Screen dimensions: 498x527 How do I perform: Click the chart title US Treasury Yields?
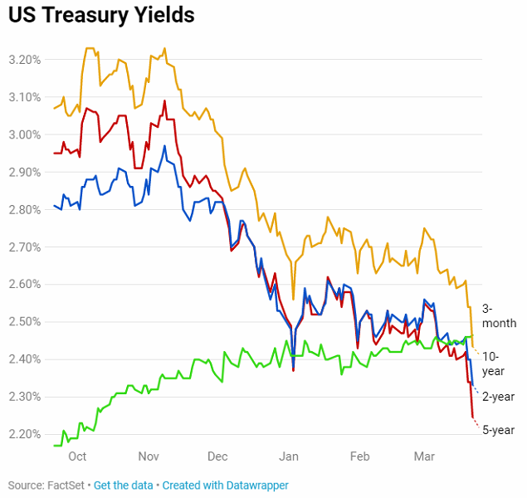click(x=101, y=15)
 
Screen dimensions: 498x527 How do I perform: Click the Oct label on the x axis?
click(x=77, y=456)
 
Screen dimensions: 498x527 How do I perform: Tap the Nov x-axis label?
click(x=149, y=456)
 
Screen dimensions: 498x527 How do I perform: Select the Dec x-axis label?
click(x=218, y=456)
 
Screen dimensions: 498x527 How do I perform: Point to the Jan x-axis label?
click(x=290, y=456)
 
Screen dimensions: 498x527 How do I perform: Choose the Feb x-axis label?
click(x=360, y=456)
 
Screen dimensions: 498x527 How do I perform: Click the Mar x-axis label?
click(x=424, y=456)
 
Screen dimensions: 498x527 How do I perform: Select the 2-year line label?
click(x=500, y=397)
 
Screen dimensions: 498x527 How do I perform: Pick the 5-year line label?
click(x=500, y=430)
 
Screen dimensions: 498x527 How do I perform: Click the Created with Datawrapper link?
click(x=225, y=485)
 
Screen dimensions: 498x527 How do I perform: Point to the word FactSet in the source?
click(x=66, y=485)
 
